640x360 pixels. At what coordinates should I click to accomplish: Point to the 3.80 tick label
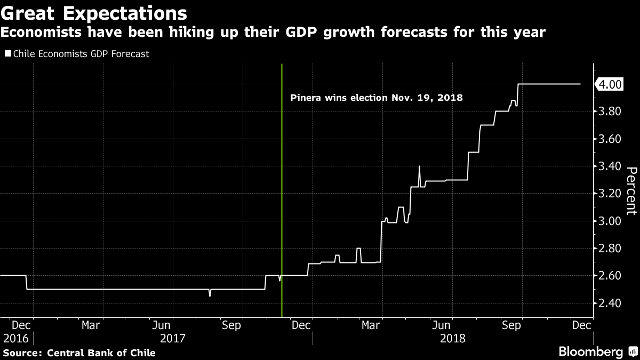tap(610, 111)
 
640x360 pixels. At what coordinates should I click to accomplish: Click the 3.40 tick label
tap(610, 166)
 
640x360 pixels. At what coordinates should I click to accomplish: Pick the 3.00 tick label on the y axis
tap(610, 221)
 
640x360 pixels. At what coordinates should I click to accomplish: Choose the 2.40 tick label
tap(610, 303)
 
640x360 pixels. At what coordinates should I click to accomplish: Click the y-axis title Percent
tap(631, 190)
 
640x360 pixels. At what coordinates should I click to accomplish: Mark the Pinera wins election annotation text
tap(376, 98)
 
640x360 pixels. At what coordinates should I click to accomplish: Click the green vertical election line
tap(282, 187)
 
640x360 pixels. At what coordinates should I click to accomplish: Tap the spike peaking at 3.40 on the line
tap(419, 167)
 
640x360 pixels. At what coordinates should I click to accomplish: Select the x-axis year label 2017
tap(173, 339)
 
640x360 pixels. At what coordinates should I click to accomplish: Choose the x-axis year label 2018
tap(452, 339)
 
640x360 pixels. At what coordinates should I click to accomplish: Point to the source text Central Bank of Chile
tap(101, 353)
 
